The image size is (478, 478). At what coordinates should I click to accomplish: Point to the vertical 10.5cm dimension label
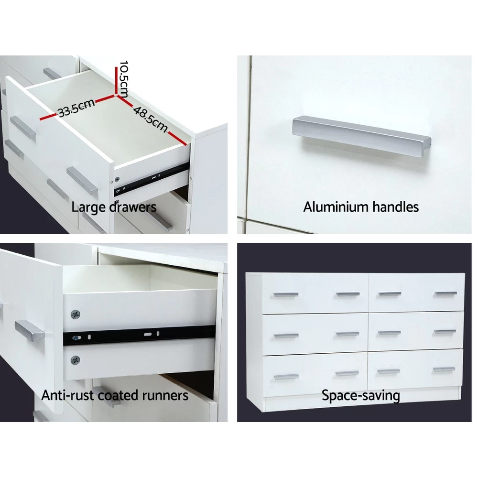coord(123,79)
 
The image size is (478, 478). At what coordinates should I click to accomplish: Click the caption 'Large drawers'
coord(114,207)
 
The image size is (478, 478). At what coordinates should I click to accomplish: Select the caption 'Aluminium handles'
coord(361,207)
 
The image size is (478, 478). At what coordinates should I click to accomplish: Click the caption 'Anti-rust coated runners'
coord(115,395)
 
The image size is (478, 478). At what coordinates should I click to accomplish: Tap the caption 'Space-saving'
coord(360,396)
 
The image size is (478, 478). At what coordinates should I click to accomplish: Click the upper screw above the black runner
coord(76,314)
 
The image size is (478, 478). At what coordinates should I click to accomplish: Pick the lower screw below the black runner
coord(76,360)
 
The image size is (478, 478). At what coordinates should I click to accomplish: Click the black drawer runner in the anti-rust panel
coord(139,335)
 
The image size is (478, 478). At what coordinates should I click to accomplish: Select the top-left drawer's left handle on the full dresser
coord(286,295)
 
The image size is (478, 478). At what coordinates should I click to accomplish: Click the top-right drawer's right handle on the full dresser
coord(446,293)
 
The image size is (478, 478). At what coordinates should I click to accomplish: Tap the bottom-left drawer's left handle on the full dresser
coord(286,377)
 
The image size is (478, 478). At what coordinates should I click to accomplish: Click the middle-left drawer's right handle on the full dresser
coord(348,334)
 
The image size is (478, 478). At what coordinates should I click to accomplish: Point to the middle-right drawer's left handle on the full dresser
coord(389,333)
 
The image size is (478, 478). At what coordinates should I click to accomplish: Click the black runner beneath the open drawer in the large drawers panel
coord(152,180)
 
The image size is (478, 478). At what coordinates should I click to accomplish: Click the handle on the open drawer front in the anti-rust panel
coord(29,331)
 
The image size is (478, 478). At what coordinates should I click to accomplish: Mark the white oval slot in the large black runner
coord(148,334)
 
